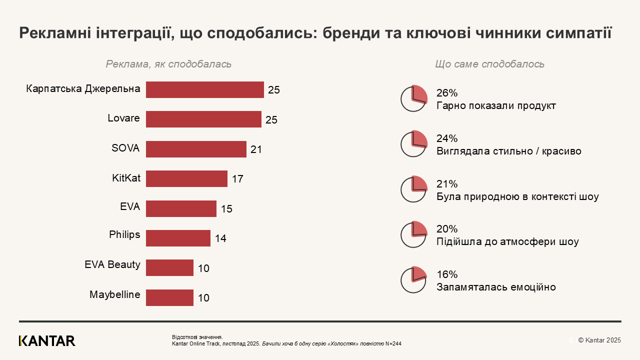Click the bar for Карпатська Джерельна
click(x=204, y=90)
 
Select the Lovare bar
click(x=203, y=119)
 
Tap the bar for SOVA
click(x=196, y=149)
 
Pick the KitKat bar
click(x=186, y=178)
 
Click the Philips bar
click(x=178, y=238)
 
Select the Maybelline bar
click(x=169, y=297)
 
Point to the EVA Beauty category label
click(x=112, y=264)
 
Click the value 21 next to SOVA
click(x=256, y=149)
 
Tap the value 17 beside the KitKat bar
click(x=237, y=179)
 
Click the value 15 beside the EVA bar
click(x=226, y=209)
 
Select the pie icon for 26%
click(x=413, y=98)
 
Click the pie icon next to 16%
click(x=413, y=280)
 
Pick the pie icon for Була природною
click(x=413, y=189)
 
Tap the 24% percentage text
click(x=446, y=138)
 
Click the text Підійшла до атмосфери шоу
click(x=507, y=242)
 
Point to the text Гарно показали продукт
click(x=495, y=106)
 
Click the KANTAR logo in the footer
click(x=47, y=341)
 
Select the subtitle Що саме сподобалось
click(x=489, y=64)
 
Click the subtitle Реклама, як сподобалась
click(x=168, y=64)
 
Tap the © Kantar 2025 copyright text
click(x=599, y=340)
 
